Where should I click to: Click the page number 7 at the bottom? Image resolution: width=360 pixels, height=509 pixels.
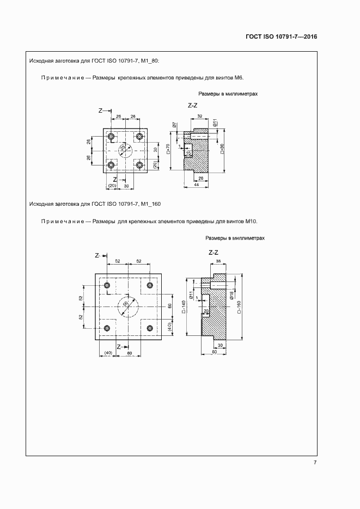click(315, 463)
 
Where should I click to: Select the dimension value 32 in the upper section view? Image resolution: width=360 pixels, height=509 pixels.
click(199, 116)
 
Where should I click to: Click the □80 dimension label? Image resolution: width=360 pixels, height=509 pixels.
click(222, 149)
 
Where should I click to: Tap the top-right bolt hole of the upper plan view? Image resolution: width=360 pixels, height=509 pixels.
click(139, 136)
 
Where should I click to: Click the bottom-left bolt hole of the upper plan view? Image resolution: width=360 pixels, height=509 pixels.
click(111, 164)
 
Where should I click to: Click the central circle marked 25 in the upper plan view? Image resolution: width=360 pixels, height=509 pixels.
click(125, 150)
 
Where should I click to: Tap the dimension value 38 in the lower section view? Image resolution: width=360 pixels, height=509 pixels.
click(218, 261)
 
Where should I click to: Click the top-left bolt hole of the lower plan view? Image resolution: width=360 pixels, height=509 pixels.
click(107, 285)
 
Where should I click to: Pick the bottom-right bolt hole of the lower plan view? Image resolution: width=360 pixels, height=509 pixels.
click(149, 328)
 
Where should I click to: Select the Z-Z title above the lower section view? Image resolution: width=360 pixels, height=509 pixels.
click(213, 253)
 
